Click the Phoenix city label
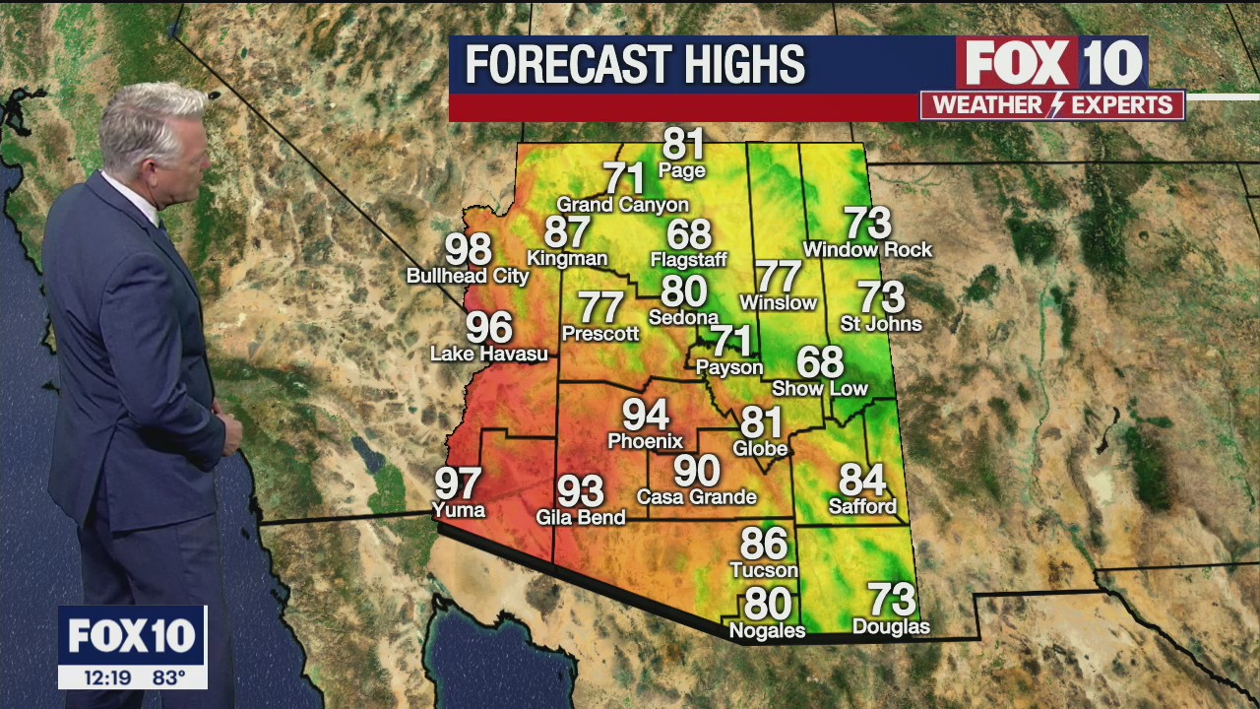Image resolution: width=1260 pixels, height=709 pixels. tap(645, 440)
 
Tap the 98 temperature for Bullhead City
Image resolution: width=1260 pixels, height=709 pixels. tap(469, 250)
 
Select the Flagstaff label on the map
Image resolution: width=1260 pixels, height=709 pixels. tap(688, 260)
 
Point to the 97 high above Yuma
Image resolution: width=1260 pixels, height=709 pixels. tap(459, 483)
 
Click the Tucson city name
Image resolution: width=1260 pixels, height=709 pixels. tap(764, 570)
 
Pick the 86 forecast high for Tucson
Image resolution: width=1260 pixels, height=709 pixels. tap(764, 544)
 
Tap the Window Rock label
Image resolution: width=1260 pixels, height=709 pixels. tap(867, 250)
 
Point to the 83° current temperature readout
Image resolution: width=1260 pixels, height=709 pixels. tap(169, 677)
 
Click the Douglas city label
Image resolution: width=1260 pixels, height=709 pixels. tap(891, 626)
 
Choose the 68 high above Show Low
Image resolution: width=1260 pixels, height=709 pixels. tap(820, 362)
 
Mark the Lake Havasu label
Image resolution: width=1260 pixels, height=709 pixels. tap(489, 354)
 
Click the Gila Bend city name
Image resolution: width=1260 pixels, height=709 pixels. tap(581, 517)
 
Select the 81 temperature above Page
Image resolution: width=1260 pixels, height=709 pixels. tap(683, 144)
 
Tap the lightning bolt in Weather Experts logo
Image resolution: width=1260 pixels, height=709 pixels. tap(1054, 105)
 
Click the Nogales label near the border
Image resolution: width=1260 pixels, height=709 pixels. tap(767, 630)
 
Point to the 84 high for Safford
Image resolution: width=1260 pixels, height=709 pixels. tap(862, 481)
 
